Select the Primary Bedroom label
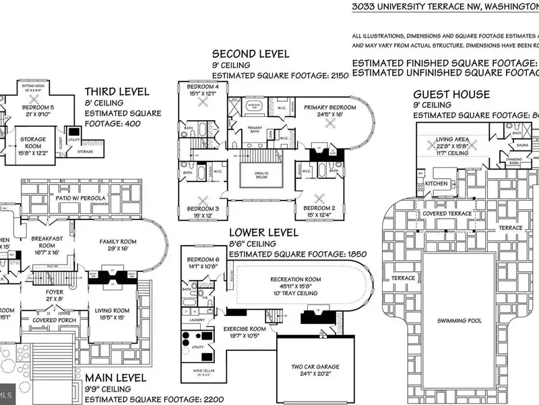point(329,107)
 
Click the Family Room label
point(118,242)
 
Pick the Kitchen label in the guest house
point(436,184)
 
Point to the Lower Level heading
point(263,233)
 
